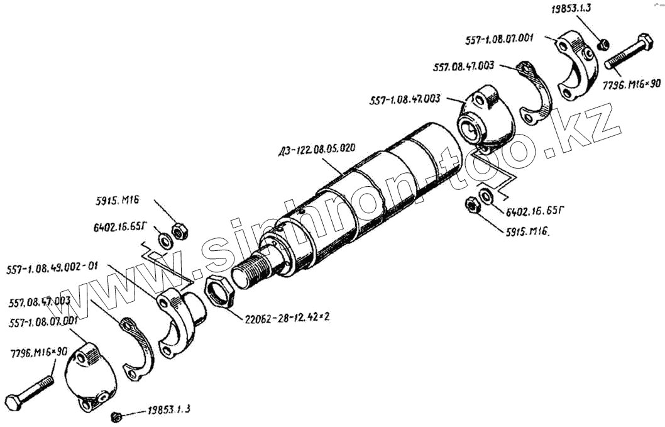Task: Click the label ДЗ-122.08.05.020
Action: coord(316,150)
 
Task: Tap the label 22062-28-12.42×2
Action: coord(287,316)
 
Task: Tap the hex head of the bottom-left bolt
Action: coord(14,401)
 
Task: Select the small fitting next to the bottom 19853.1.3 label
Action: coord(115,416)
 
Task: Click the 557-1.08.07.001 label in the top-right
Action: coord(500,38)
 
